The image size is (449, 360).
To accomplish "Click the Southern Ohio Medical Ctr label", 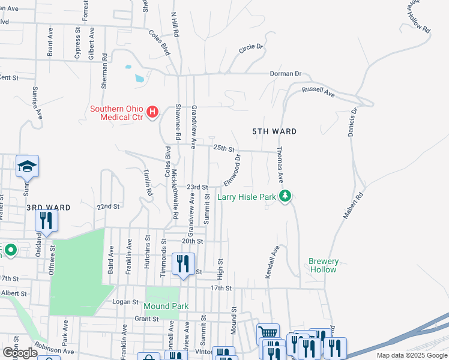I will [116, 113].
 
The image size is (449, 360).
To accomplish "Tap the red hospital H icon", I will [153, 112].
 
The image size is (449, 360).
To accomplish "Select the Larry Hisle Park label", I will [246, 197].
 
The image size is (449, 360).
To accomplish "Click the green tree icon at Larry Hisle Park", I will [286, 196].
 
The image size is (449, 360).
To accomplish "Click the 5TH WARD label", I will [274, 131].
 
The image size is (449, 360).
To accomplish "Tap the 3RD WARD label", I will [49, 207].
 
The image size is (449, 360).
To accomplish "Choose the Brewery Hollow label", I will [324, 265].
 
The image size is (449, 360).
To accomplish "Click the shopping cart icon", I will [268, 332].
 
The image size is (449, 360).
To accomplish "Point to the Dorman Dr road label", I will [286, 74].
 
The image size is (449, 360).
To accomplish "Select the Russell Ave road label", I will [318, 91].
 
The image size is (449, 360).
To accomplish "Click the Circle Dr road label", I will [251, 47].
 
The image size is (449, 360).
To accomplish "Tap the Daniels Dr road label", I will [353, 121].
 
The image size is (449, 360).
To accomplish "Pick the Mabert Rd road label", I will [354, 205].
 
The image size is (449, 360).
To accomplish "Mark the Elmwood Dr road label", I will [232, 170].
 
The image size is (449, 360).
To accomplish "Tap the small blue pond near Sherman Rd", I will [139, 78].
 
